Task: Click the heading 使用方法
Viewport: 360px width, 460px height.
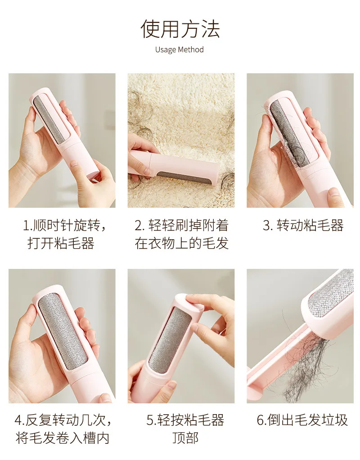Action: point(180,29)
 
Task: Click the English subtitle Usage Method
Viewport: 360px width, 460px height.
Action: point(180,49)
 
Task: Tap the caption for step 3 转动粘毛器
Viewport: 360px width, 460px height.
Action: point(303,226)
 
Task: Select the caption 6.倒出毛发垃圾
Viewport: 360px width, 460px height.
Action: point(302,420)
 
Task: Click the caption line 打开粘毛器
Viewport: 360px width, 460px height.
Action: point(61,243)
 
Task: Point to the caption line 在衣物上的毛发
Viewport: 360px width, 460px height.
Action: point(181,243)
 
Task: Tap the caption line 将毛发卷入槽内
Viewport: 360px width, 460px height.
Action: point(63,438)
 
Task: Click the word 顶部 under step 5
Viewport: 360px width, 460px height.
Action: point(185,438)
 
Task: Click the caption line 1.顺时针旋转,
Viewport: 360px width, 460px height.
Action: point(64,226)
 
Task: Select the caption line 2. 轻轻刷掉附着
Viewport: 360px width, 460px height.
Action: point(181,226)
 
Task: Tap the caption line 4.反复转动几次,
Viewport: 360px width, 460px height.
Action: point(63,420)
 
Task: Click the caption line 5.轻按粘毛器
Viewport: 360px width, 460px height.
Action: point(185,420)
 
